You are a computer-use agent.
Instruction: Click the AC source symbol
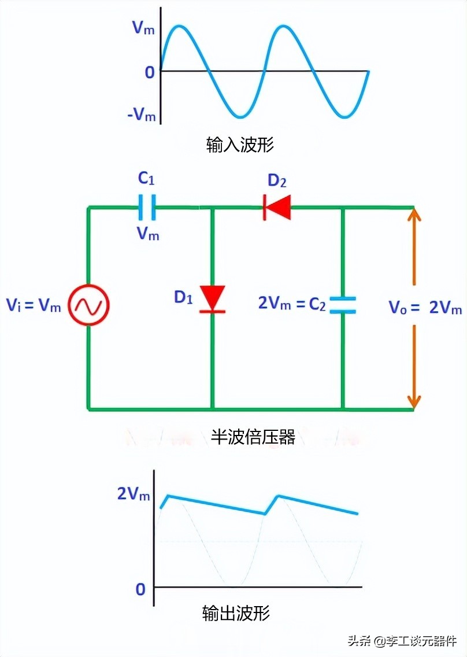tap(89, 306)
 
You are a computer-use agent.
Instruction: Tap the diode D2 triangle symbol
tap(277, 207)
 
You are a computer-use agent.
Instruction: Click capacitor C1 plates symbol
tap(147, 207)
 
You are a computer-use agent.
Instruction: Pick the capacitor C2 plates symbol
tap(343, 305)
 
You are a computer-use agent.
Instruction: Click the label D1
tap(184, 298)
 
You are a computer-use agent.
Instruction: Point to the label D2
tap(277, 181)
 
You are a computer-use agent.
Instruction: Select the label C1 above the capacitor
tap(146, 179)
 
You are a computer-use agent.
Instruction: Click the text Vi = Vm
tap(34, 306)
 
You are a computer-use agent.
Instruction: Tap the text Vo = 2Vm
tap(425, 307)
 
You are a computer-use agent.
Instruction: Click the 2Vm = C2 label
tap(291, 303)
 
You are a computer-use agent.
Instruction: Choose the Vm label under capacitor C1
tap(147, 234)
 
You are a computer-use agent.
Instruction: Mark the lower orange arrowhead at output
tap(414, 400)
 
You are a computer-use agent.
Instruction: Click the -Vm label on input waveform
tap(142, 115)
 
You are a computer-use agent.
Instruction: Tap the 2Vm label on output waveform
tap(134, 494)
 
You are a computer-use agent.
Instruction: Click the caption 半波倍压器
tap(253, 437)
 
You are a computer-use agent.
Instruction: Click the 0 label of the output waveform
tap(140, 589)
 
